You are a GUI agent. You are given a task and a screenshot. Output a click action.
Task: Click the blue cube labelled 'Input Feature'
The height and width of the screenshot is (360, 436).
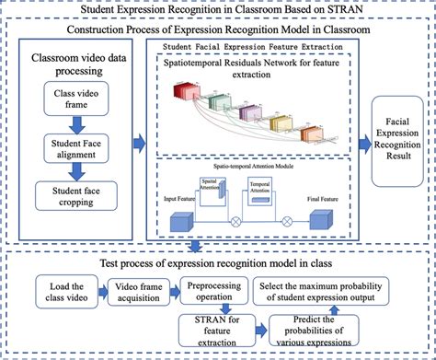[180, 221]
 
